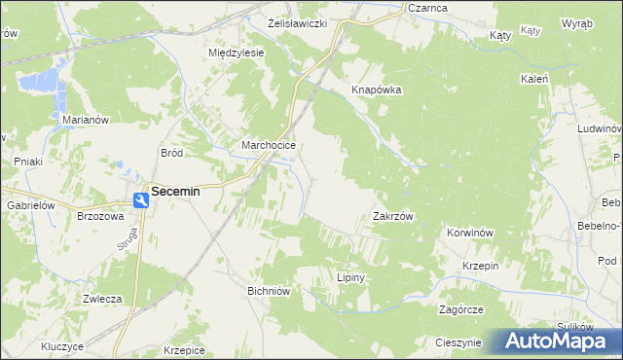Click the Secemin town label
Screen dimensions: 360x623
tap(175, 192)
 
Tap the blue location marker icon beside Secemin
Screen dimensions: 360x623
tap(141, 198)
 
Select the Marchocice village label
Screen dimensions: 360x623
tap(268, 146)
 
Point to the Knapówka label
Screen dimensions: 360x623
tap(377, 90)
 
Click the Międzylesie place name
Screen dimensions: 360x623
tap(237, 53)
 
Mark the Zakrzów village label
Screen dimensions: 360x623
tap(394, 217)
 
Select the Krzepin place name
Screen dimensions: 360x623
tap(481, 266)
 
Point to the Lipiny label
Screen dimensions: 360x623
tap(349, 277)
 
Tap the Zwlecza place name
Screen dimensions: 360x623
tap(101, 299)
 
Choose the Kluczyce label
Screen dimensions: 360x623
tap(62, 346)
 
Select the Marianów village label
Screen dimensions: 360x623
tap(85, 119)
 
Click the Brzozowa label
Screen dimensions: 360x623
tap(100, 217)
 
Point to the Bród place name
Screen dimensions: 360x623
tap(171, 153)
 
